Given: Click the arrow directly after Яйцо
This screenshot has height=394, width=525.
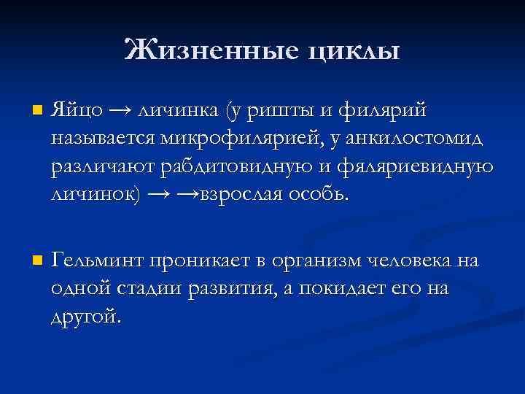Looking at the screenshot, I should pyautogui.click(x=121, y=112).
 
